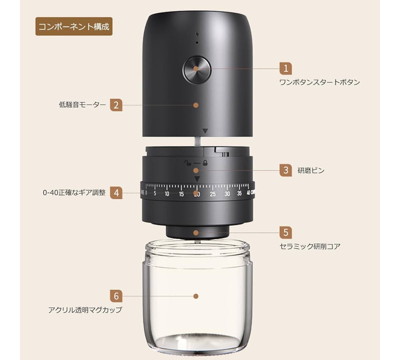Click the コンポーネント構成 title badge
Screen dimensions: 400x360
coord(74,26)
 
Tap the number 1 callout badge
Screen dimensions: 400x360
coord(286,68)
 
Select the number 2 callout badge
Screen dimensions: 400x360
coord(116,105)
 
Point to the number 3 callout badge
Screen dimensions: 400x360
coord(286,170)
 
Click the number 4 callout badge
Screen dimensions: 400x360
coord(116,193)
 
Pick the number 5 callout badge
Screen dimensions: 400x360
coord(286,232)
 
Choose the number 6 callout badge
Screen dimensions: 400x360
coord(116,296)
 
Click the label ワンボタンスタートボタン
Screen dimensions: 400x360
coord(320,82)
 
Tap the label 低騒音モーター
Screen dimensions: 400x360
coord(82,105)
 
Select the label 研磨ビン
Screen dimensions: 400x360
coord(311,170)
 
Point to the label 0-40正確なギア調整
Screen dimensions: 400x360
coord(74,193)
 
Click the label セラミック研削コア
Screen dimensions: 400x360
coord(310,246)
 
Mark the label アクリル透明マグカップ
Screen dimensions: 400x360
coord(85,310)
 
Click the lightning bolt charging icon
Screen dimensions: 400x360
coord(197,34)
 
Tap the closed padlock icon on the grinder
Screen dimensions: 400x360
coord(205,162)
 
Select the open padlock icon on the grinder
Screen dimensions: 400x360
coord(188,162)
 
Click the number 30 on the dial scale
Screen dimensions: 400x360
coord(227,194)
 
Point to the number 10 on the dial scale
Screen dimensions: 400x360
coord(167,194)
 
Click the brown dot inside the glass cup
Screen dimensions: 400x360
coord(196,296)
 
